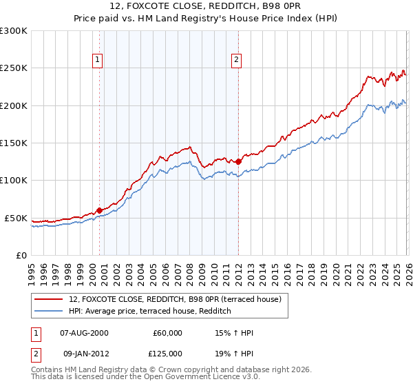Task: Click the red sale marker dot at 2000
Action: coord(99,210)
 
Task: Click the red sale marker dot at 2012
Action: coord(238,161)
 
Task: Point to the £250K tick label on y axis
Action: coord(14,68)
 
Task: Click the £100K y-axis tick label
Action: coord(14,181)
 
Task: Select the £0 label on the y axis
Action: coord(21,255)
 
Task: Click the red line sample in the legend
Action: coord(50,300)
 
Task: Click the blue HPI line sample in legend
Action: coord(50,312)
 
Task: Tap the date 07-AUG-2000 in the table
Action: coord(84,333)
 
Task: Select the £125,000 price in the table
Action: coord(167,354)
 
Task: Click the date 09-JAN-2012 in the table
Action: coord(84,354)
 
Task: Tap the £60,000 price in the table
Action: coord(167,333)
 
